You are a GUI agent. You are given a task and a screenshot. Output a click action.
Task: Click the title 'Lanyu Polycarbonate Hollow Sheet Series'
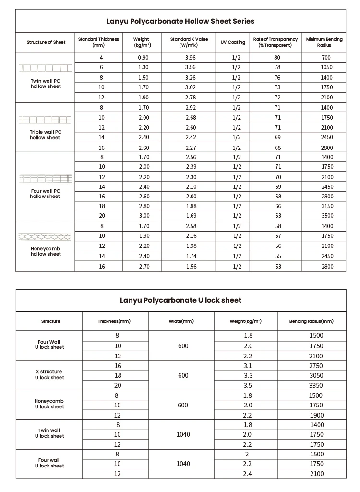[x=180, y=21]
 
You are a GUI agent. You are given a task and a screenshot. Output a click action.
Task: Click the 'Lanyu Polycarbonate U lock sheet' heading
[x=180, y=300]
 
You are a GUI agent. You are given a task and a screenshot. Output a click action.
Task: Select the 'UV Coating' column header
[x=233, y=42]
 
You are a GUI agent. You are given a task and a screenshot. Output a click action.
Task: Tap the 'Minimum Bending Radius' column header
[x=324, y=42]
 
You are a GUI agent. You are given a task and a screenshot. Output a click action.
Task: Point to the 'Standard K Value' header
[x=189, y=42]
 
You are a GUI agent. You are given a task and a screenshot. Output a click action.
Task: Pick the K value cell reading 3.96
[x=191, y=58]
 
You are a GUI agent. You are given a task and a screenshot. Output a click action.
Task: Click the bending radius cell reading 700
[x=326, y=58]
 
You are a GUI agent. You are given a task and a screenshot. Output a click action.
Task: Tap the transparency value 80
[x=277, y=58]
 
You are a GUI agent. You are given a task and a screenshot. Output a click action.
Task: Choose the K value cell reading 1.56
[x=191, y=266]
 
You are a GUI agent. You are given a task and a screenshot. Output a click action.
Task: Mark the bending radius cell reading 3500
[x=326, y=216]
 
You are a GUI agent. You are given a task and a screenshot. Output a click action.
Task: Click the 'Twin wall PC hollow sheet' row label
[x=46, y=84]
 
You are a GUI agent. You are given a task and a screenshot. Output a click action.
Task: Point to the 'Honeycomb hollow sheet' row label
[x=46, y=251]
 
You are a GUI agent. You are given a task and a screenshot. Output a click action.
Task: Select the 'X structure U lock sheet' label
[x=49, y=375]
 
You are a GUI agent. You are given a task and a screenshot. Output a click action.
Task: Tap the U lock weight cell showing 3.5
[x=248, y=385]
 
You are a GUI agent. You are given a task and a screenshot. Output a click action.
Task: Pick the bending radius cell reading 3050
[x=316, y=375]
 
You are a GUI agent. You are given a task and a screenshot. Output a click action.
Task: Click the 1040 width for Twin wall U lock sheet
[x=183, y=434]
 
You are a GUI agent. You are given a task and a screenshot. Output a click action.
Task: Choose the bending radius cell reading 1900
[x=316, y=415]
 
